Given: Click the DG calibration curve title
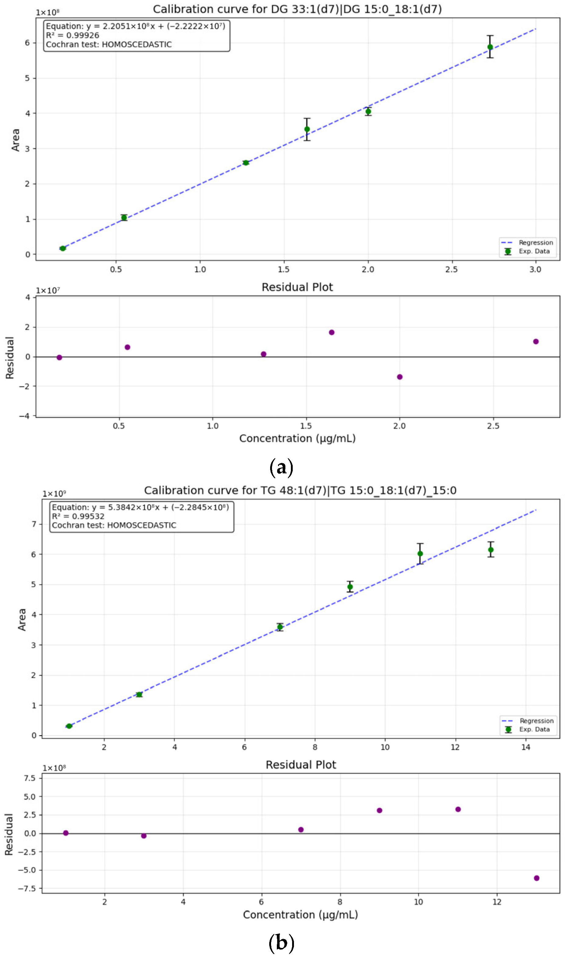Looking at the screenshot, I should (x=297, y=9).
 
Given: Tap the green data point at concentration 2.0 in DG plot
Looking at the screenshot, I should (x=368, y=111).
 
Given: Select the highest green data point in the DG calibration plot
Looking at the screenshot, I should (x=490, y=47).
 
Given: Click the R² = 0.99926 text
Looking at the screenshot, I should (x=72, y=35).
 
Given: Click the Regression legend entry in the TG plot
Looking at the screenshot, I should (x=536, y=721).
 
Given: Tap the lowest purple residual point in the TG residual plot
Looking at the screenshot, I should (x=536, y=878).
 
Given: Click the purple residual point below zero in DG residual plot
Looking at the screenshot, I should (x=399, y=377).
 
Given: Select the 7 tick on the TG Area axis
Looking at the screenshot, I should (x=34, y=524).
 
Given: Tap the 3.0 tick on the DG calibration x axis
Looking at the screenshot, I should (x=535, y=269).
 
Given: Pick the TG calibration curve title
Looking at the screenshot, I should (x=300, y=490).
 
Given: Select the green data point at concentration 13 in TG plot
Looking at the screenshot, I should (x=491, y=550).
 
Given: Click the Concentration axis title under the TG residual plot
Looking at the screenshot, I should (x=300, y=915).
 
